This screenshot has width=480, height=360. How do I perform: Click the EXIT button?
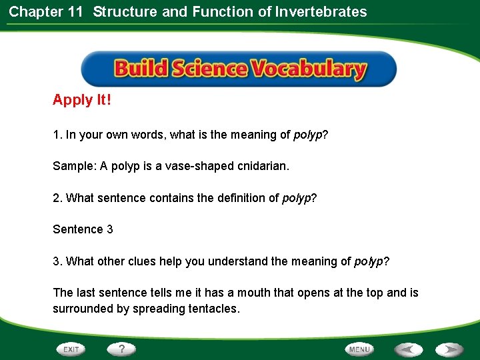point(71,349)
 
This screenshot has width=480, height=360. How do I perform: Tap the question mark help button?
point(121,349)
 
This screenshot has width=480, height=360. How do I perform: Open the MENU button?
point(359,349)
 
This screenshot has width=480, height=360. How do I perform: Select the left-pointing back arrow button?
point(408,349)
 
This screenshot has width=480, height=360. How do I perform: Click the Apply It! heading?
point(82,100)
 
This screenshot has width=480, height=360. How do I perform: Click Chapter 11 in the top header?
point(45,11)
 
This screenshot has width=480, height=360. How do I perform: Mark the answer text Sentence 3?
point(83,229)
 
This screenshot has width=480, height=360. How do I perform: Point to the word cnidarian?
point(263,166)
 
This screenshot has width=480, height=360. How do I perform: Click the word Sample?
point(73,166)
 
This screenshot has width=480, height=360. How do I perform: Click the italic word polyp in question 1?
point(307,135)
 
